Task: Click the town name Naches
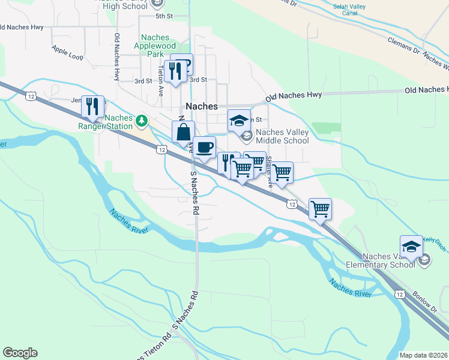pyautogui.click(x=202, y=106)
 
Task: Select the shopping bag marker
pyautogui.click(x=183, y=133)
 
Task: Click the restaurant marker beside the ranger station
pyautogui.click(x=93, y=107)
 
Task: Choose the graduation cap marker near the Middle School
pyautogui.click(x=239, y=120)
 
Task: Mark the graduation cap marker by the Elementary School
pyautogui.click(x=412, y=247)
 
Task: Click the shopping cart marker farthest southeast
pyautogui.click(x=321, y=209)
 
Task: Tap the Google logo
pyautogui.click(x=20, y=353)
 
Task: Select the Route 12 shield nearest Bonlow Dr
pyautogui.click(x=400, y=293)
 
